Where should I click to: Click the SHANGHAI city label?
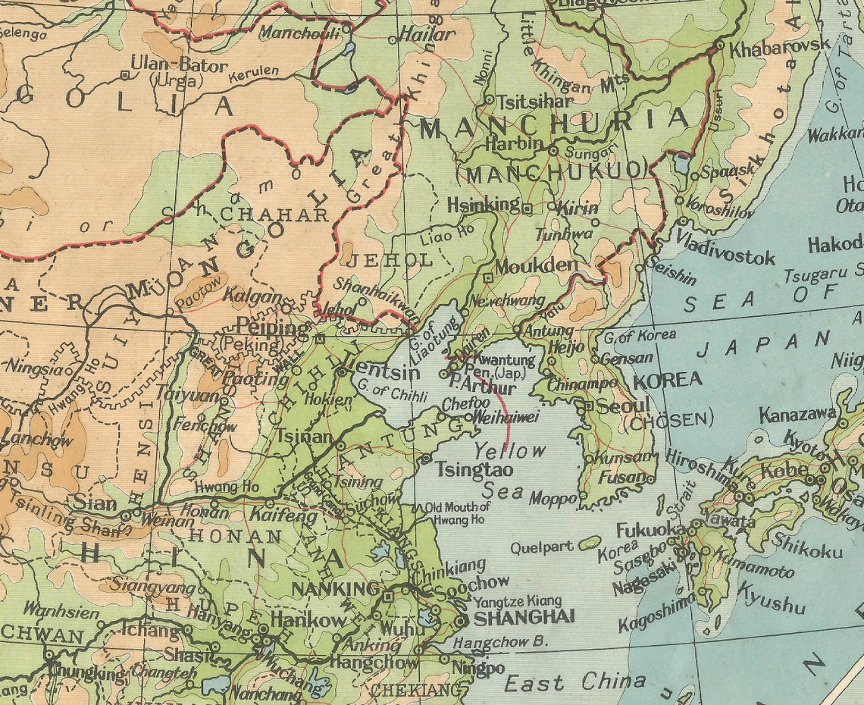point(524,617)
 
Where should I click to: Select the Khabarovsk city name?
point(780,45)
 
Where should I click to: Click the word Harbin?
point(515,143)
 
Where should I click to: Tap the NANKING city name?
point(335,589)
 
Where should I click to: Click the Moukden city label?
point(536,266)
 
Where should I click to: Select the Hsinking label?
point(484,205)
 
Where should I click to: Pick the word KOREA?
point(667,380)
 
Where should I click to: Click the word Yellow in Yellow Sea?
point(509,451)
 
